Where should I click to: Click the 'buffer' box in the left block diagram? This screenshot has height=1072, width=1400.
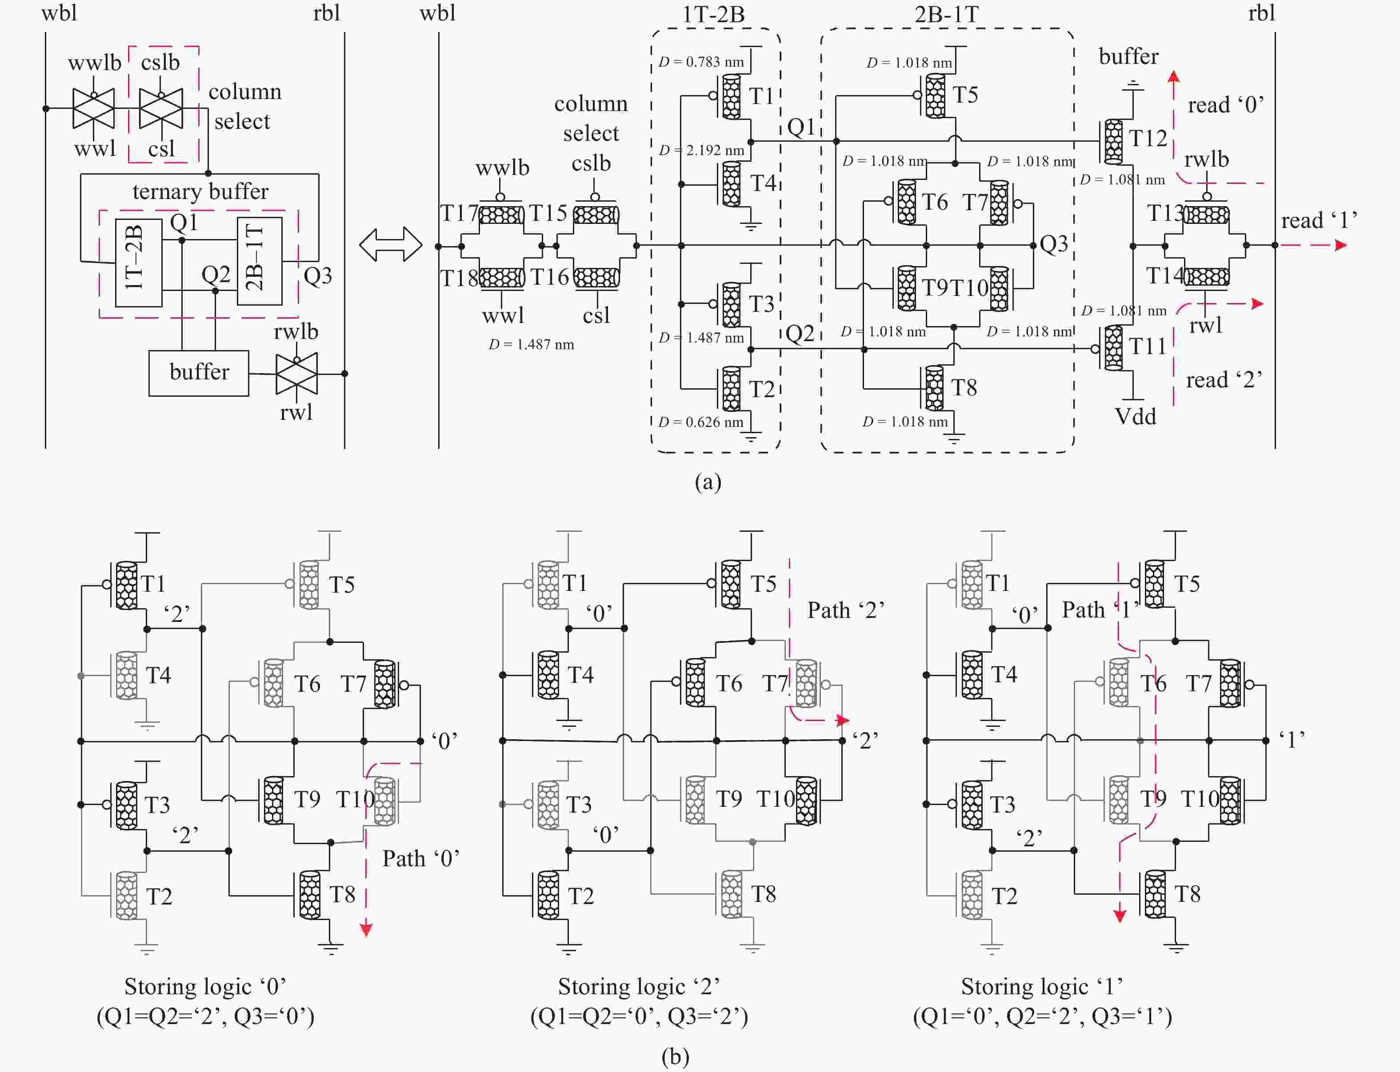[x=199, y=373]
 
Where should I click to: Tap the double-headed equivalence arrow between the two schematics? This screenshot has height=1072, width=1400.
[x=391, y=245]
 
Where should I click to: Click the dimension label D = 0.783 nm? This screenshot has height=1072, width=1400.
[x=701, y=62]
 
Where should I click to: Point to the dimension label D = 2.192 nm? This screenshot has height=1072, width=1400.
[x=701, y=150]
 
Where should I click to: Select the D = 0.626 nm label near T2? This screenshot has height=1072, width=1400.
[x=700, y=422]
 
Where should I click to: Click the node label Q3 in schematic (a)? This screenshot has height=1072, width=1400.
[x=1053, y=244]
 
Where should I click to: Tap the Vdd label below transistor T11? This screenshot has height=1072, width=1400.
[x=1135, y=417]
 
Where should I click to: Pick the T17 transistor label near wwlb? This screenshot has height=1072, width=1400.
[x=458, y=213]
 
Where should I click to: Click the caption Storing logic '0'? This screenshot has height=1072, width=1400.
[x=205, y=987]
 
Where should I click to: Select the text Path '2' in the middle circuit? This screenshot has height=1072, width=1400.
[x=845, y=610]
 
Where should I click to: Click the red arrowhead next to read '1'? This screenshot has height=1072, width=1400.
[x=1340, y=245]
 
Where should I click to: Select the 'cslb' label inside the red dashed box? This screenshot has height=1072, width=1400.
[x=160, y=63]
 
